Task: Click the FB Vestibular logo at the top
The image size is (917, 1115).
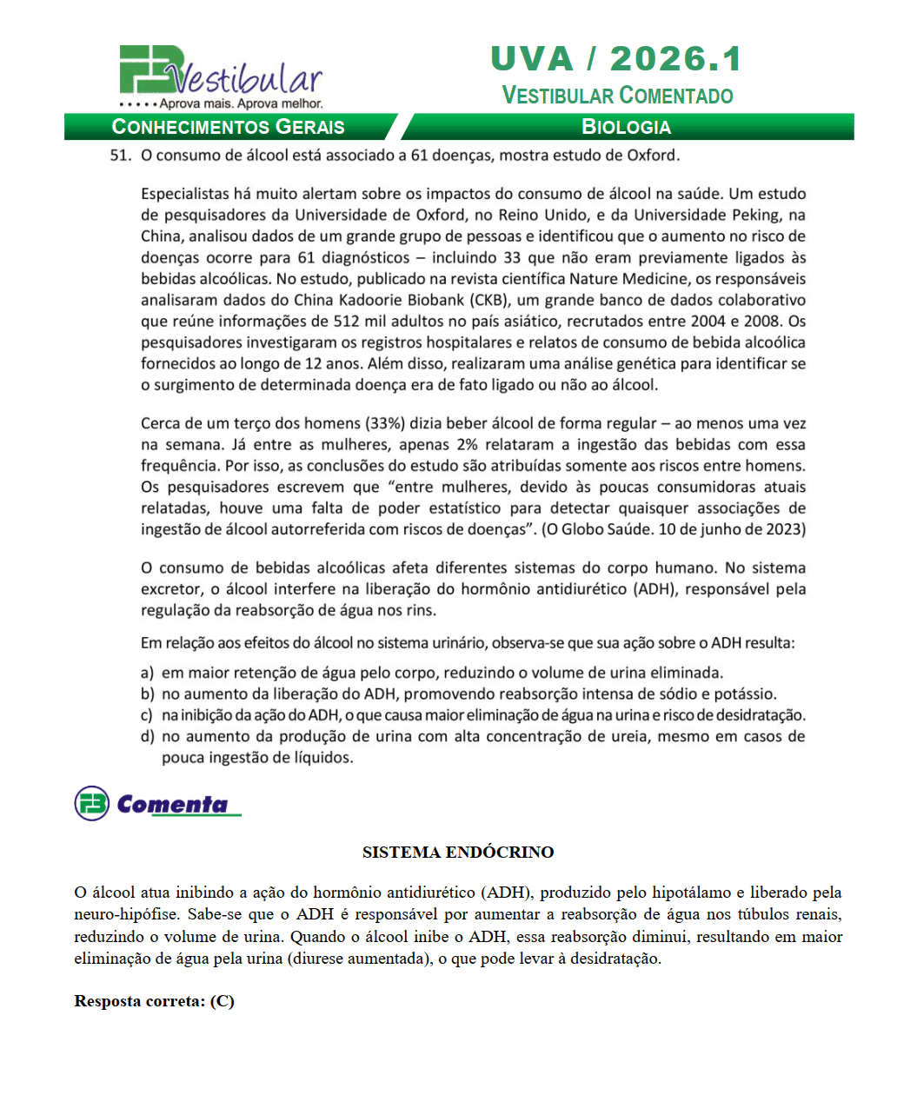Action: (220, 77)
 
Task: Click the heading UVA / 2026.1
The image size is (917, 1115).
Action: (616, 59)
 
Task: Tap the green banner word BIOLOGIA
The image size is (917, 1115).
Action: (626, 127)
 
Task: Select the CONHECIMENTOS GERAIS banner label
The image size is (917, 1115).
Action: (229, 127)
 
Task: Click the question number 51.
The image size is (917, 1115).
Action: (120, 156)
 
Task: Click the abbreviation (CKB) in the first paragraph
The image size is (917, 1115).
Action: (492, 300)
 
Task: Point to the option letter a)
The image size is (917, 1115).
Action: (148, 673)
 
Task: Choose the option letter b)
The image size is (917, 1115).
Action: (148, 694)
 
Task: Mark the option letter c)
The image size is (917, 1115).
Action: (147, 715)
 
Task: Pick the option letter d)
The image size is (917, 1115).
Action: (148, 736)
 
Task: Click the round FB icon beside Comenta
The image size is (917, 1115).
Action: (91, 804)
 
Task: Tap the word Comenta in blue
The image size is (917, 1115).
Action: (172, 804)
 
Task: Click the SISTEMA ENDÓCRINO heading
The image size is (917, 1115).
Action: (458, 853)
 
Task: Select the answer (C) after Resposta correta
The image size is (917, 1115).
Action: (223, 1001)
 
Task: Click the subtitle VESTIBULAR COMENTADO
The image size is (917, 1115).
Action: (617, 96)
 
